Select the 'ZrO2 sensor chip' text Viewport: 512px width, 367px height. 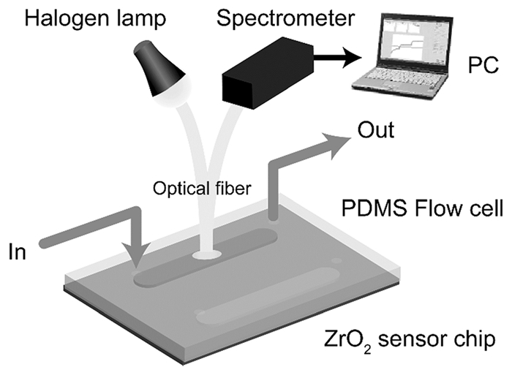413,340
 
